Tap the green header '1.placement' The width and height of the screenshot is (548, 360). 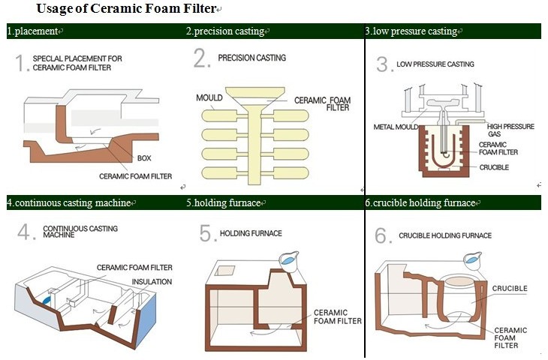point(34,31)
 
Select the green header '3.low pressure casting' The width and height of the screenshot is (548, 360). point(411,31)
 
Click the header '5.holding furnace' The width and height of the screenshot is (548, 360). point(223,202)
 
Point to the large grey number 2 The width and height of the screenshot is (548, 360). point(200,59)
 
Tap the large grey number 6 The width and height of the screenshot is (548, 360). point(382,235)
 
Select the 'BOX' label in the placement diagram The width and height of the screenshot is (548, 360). point(144,158)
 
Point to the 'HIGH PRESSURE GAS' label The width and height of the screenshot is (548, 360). point(510,130)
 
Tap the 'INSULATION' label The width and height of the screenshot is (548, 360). point(152,282)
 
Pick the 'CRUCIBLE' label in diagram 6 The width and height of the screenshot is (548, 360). point(510,288)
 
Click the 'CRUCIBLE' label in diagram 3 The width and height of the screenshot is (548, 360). point(494,167)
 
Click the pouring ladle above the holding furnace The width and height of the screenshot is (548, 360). point(288,257)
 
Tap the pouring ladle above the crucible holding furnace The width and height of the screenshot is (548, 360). point(473,260)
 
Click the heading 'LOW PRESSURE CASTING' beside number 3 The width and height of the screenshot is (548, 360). point(435,64)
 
